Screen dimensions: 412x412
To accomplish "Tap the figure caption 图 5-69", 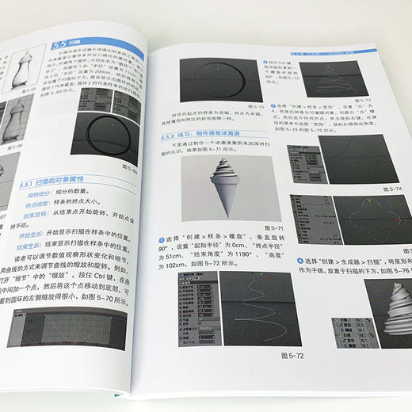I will [118, 170].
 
